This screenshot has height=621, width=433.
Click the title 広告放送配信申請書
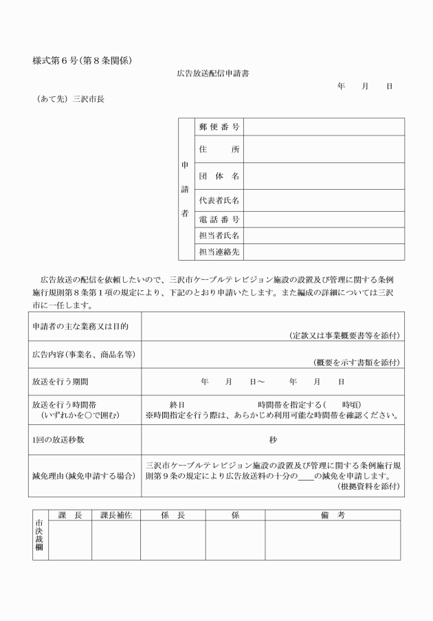coord(217,73)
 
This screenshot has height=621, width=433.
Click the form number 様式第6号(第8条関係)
coord(82,61)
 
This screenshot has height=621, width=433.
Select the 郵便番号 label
coord(219,127)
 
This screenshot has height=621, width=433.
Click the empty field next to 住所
coord(324,149)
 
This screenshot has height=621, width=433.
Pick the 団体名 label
coord(219,176)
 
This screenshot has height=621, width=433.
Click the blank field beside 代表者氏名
coord(324,201)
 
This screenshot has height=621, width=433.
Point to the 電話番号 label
coord(219,219)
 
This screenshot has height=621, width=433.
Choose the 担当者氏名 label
coord(219,236)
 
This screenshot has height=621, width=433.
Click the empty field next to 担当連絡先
coord(324,252)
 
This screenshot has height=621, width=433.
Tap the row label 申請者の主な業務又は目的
coord(80,325)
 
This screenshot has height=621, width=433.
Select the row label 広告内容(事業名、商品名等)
coord(82,354)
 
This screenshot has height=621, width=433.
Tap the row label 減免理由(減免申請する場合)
coord(85,475)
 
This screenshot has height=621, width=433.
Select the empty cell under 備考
coord(332,540)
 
